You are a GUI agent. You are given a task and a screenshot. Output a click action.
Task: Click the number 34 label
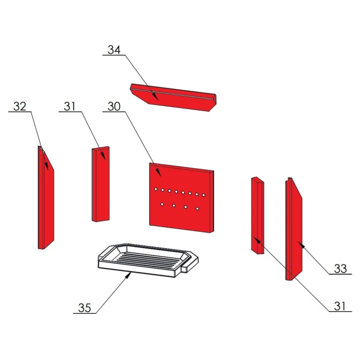pyautogui.click(x=114, y=50)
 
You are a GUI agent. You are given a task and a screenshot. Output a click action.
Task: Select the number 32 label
pyautogui.click(x=19, y=106)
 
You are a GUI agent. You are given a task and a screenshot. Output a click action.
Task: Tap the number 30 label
pyautogui.click(x=114, y=106)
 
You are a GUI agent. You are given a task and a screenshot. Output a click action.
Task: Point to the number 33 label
pyautogui.click(x=340, y=269)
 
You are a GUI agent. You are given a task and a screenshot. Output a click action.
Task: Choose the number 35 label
pyautogui.click(x=84, y=308)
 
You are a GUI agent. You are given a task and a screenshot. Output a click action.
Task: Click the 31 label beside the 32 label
pyautogui.click(x=69, y=106)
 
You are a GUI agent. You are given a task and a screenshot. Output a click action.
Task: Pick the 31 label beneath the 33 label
pyautogui.click(x=340, y=306)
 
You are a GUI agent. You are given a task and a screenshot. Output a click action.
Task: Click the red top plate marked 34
pyautogui.click(x=173, y=97)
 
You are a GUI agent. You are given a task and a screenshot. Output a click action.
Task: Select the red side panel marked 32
pyautogui.click(x=45, y=197)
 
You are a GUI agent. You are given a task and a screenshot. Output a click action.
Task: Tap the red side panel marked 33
pyautogui.click(x=294, y=229)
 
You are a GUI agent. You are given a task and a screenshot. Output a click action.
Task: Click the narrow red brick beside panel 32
pyautogui.click(x=100, y=184)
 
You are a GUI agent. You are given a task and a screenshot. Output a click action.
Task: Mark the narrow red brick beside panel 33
pyautogui.click(x=257, y=215)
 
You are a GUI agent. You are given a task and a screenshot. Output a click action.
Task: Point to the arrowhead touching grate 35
pyautogui.click(x=128, y=275)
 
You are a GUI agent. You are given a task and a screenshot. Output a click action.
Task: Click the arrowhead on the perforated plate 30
pyautogui.click(x=158, y=172)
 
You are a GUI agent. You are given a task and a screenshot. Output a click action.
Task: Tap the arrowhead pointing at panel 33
pyautogui.click(x=301, y=244)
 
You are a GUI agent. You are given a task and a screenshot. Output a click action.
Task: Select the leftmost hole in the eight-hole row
pyautogui.click(x=155, y=189)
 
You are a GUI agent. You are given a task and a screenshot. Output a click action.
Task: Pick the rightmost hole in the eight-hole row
pyautogui.click(x=203, y=195)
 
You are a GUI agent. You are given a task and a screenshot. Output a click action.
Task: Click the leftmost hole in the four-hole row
pyautogui.click(x=162, y=204)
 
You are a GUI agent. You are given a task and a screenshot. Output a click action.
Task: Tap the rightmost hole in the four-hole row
pyautogui.click(x=197, y=208)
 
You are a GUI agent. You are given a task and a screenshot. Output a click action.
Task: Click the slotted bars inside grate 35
pyautogui.click(x=147, y=260)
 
